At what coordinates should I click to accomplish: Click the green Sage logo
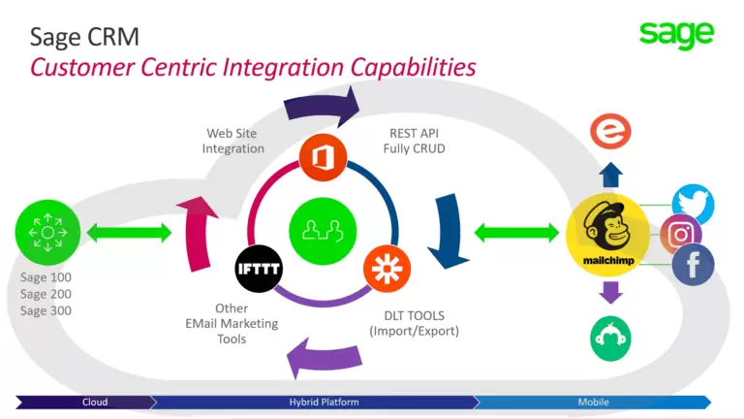[676, 34]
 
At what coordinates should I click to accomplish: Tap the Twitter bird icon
[692, 205]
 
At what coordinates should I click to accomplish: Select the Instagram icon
[680, 235]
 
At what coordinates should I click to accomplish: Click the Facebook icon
[693, 265]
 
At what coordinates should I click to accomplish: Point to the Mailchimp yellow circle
[606, 234]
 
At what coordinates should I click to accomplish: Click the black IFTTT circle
[259, 270]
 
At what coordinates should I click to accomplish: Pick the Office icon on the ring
[323, 157]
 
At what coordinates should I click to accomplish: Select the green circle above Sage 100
[46, 233]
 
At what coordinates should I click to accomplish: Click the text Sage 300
[46, 310]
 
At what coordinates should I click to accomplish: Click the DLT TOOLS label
[414, 323]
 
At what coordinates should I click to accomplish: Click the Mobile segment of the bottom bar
[593, 402]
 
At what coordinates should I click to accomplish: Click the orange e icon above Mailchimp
[609, 131]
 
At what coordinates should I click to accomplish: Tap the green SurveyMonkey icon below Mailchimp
[609, 338]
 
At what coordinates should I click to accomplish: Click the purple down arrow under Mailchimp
[609, 292]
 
